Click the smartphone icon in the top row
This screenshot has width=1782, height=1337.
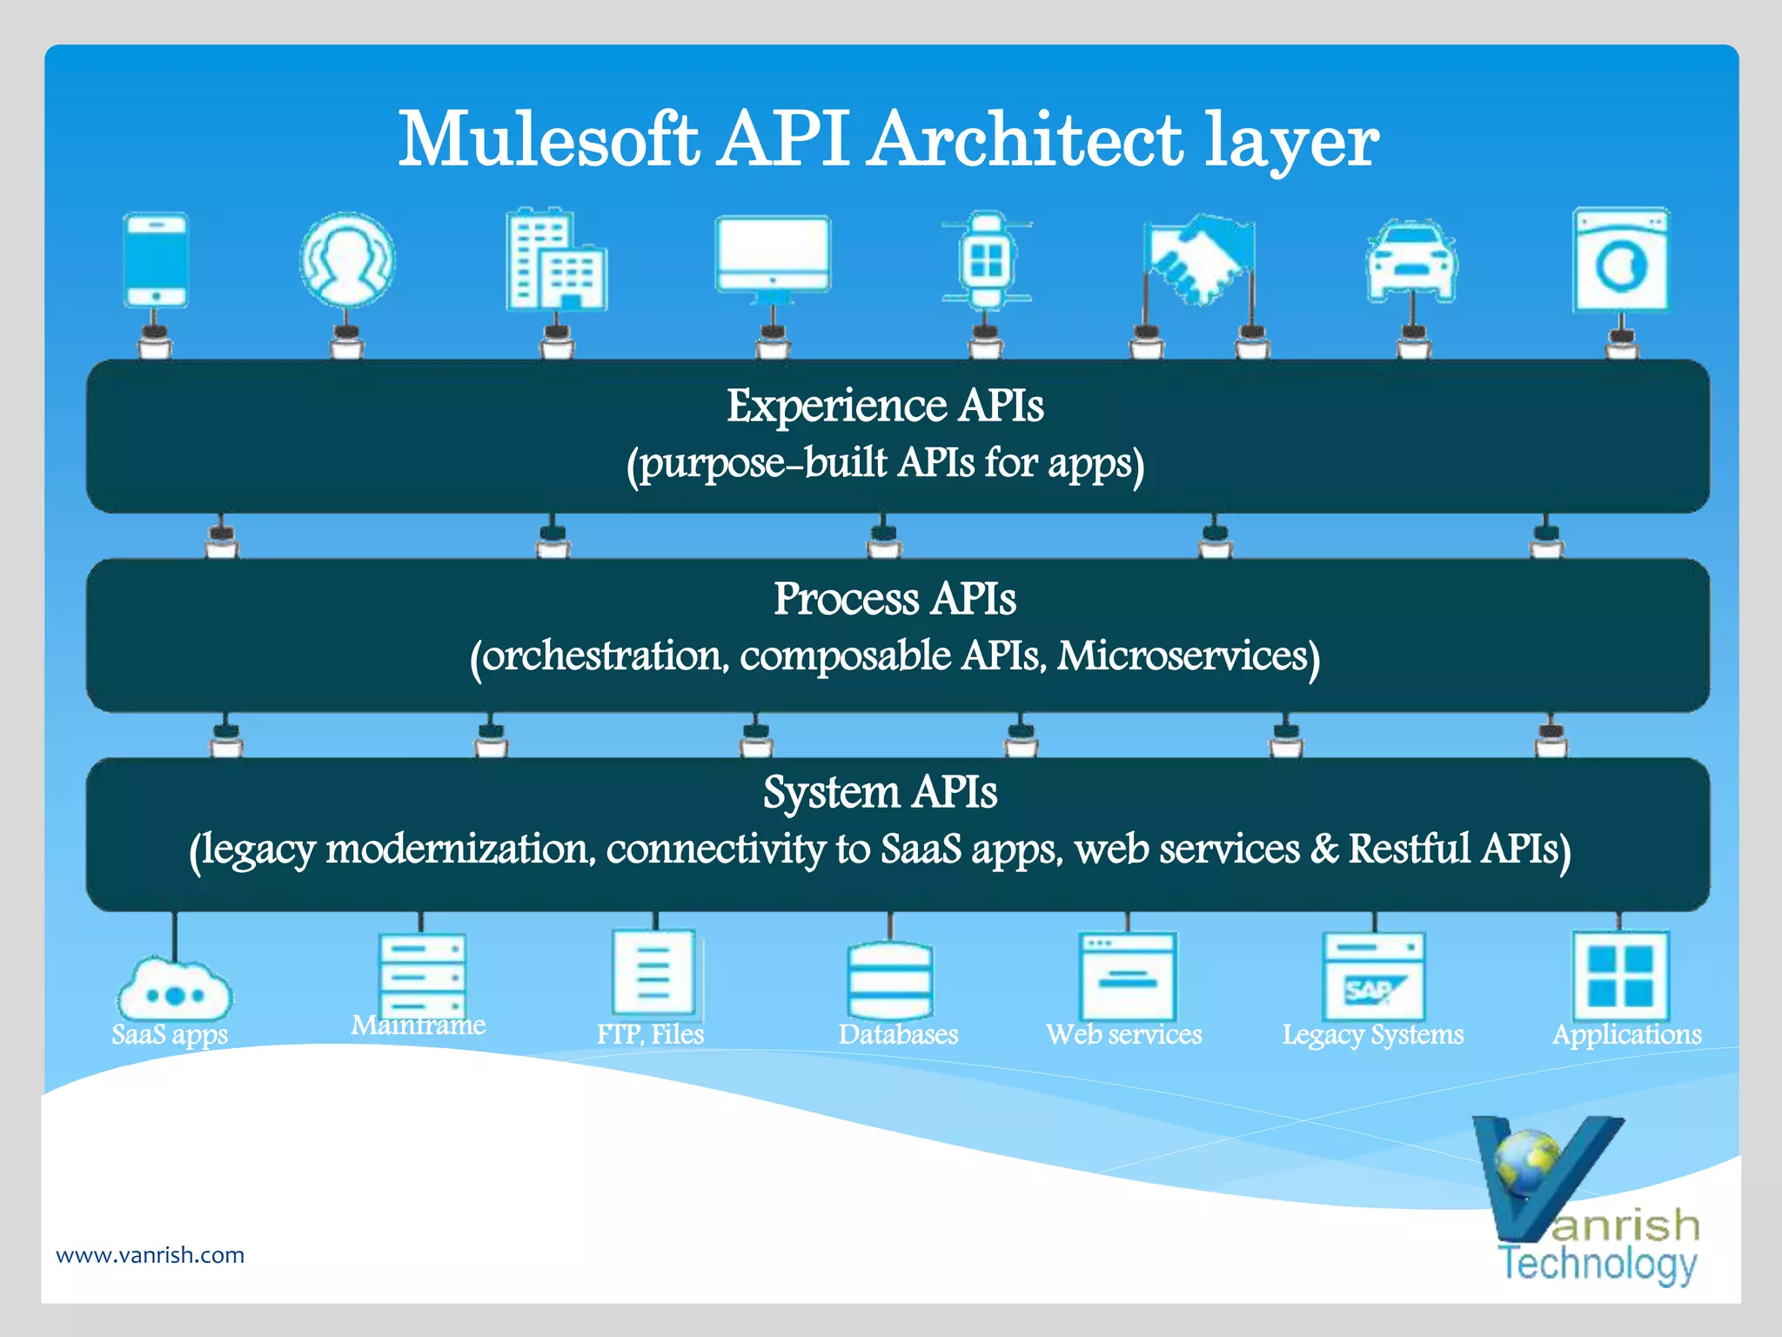tap(156, 260)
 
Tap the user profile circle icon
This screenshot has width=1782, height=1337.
tap(347, 260)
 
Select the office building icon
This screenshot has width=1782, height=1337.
tap(555, 260)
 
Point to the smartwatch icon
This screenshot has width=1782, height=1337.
tap(986, 260)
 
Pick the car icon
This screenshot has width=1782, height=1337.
tap(1412, 260)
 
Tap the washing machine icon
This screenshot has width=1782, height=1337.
tap(1621, 260)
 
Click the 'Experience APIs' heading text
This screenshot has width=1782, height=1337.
tap(885, 406)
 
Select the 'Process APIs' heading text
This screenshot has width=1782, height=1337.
tap(894, 600)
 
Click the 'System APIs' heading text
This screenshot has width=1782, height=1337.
tap(880, 793)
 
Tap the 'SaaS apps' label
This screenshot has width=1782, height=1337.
tap(170, 1035)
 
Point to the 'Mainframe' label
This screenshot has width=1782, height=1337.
tap(418, 1025)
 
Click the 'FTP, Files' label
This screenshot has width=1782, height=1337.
tap(650, 1034)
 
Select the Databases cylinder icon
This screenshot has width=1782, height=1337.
tap(889, 980)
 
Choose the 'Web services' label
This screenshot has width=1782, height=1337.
tap(1124, 1034)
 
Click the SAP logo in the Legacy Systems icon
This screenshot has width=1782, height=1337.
tap(1371, 991)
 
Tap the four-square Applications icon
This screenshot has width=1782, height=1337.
tap(1620, 976)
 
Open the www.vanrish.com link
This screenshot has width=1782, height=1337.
tap(150, 1255)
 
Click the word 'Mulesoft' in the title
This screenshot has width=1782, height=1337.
tap(548, 140)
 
